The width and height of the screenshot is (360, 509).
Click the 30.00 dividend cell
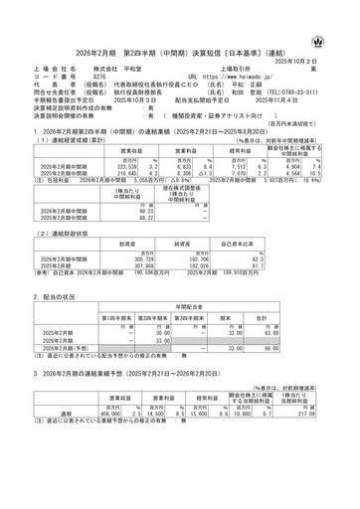151,334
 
